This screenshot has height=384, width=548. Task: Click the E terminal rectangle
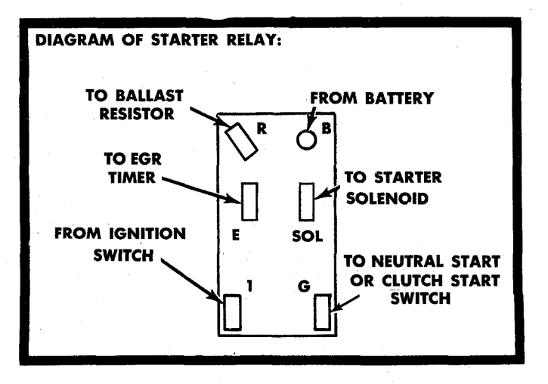tap(249, 201)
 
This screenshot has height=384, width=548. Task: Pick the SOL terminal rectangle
tap(308, 201)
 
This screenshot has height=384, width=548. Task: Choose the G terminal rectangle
tap(323, 312)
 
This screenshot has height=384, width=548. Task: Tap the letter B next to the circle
tap(326, 129)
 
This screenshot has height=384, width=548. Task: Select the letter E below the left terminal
tap(237, 235)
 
